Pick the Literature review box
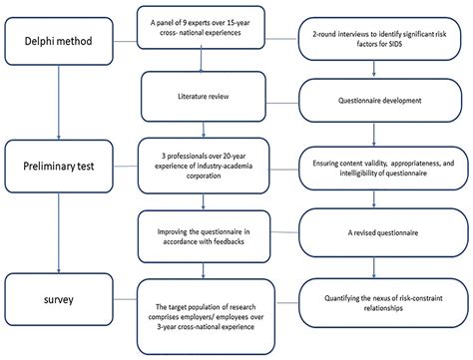pyautogui.click(x=209, y=99)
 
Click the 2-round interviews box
pyautogui.click(x=376, y=43)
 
